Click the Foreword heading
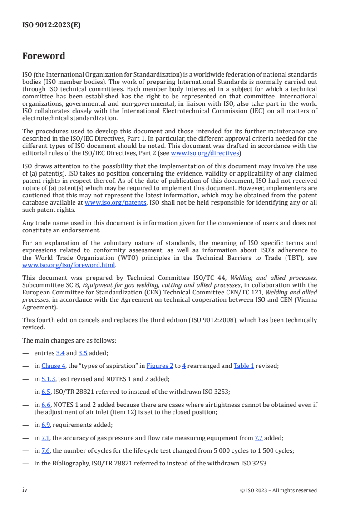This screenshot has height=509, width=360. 44,56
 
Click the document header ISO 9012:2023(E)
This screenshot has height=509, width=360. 51,25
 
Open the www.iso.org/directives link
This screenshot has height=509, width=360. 204,153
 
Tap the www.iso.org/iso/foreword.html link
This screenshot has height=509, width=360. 69,265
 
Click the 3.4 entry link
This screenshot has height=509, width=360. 60,353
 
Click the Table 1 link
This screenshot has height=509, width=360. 243,366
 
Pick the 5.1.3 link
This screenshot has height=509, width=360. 48,378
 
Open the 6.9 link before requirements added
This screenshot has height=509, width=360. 45,425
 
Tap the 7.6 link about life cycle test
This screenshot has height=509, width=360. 45,450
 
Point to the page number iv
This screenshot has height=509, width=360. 25,490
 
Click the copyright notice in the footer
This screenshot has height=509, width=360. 278,490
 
